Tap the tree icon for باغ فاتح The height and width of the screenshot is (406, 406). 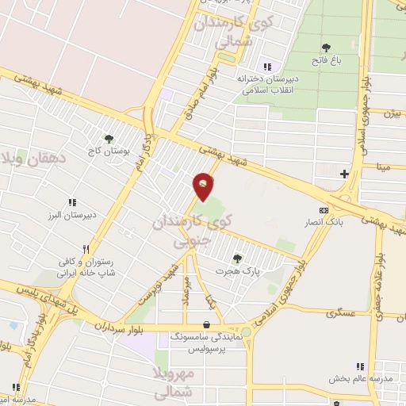[326, 48]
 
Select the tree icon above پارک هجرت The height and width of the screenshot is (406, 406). [237, 258]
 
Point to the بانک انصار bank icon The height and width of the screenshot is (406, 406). [323, 209]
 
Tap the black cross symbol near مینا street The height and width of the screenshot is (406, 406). [344, 174]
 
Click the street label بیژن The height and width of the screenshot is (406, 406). [391, 113]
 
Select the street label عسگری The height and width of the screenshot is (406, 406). [342, 314]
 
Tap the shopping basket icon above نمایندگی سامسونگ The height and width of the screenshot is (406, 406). [206, 324]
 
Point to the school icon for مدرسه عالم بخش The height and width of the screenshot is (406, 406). [359, 366]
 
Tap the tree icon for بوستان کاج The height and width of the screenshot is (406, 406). [109, 139]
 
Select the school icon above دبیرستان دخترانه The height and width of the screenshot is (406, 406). [267, 66]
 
